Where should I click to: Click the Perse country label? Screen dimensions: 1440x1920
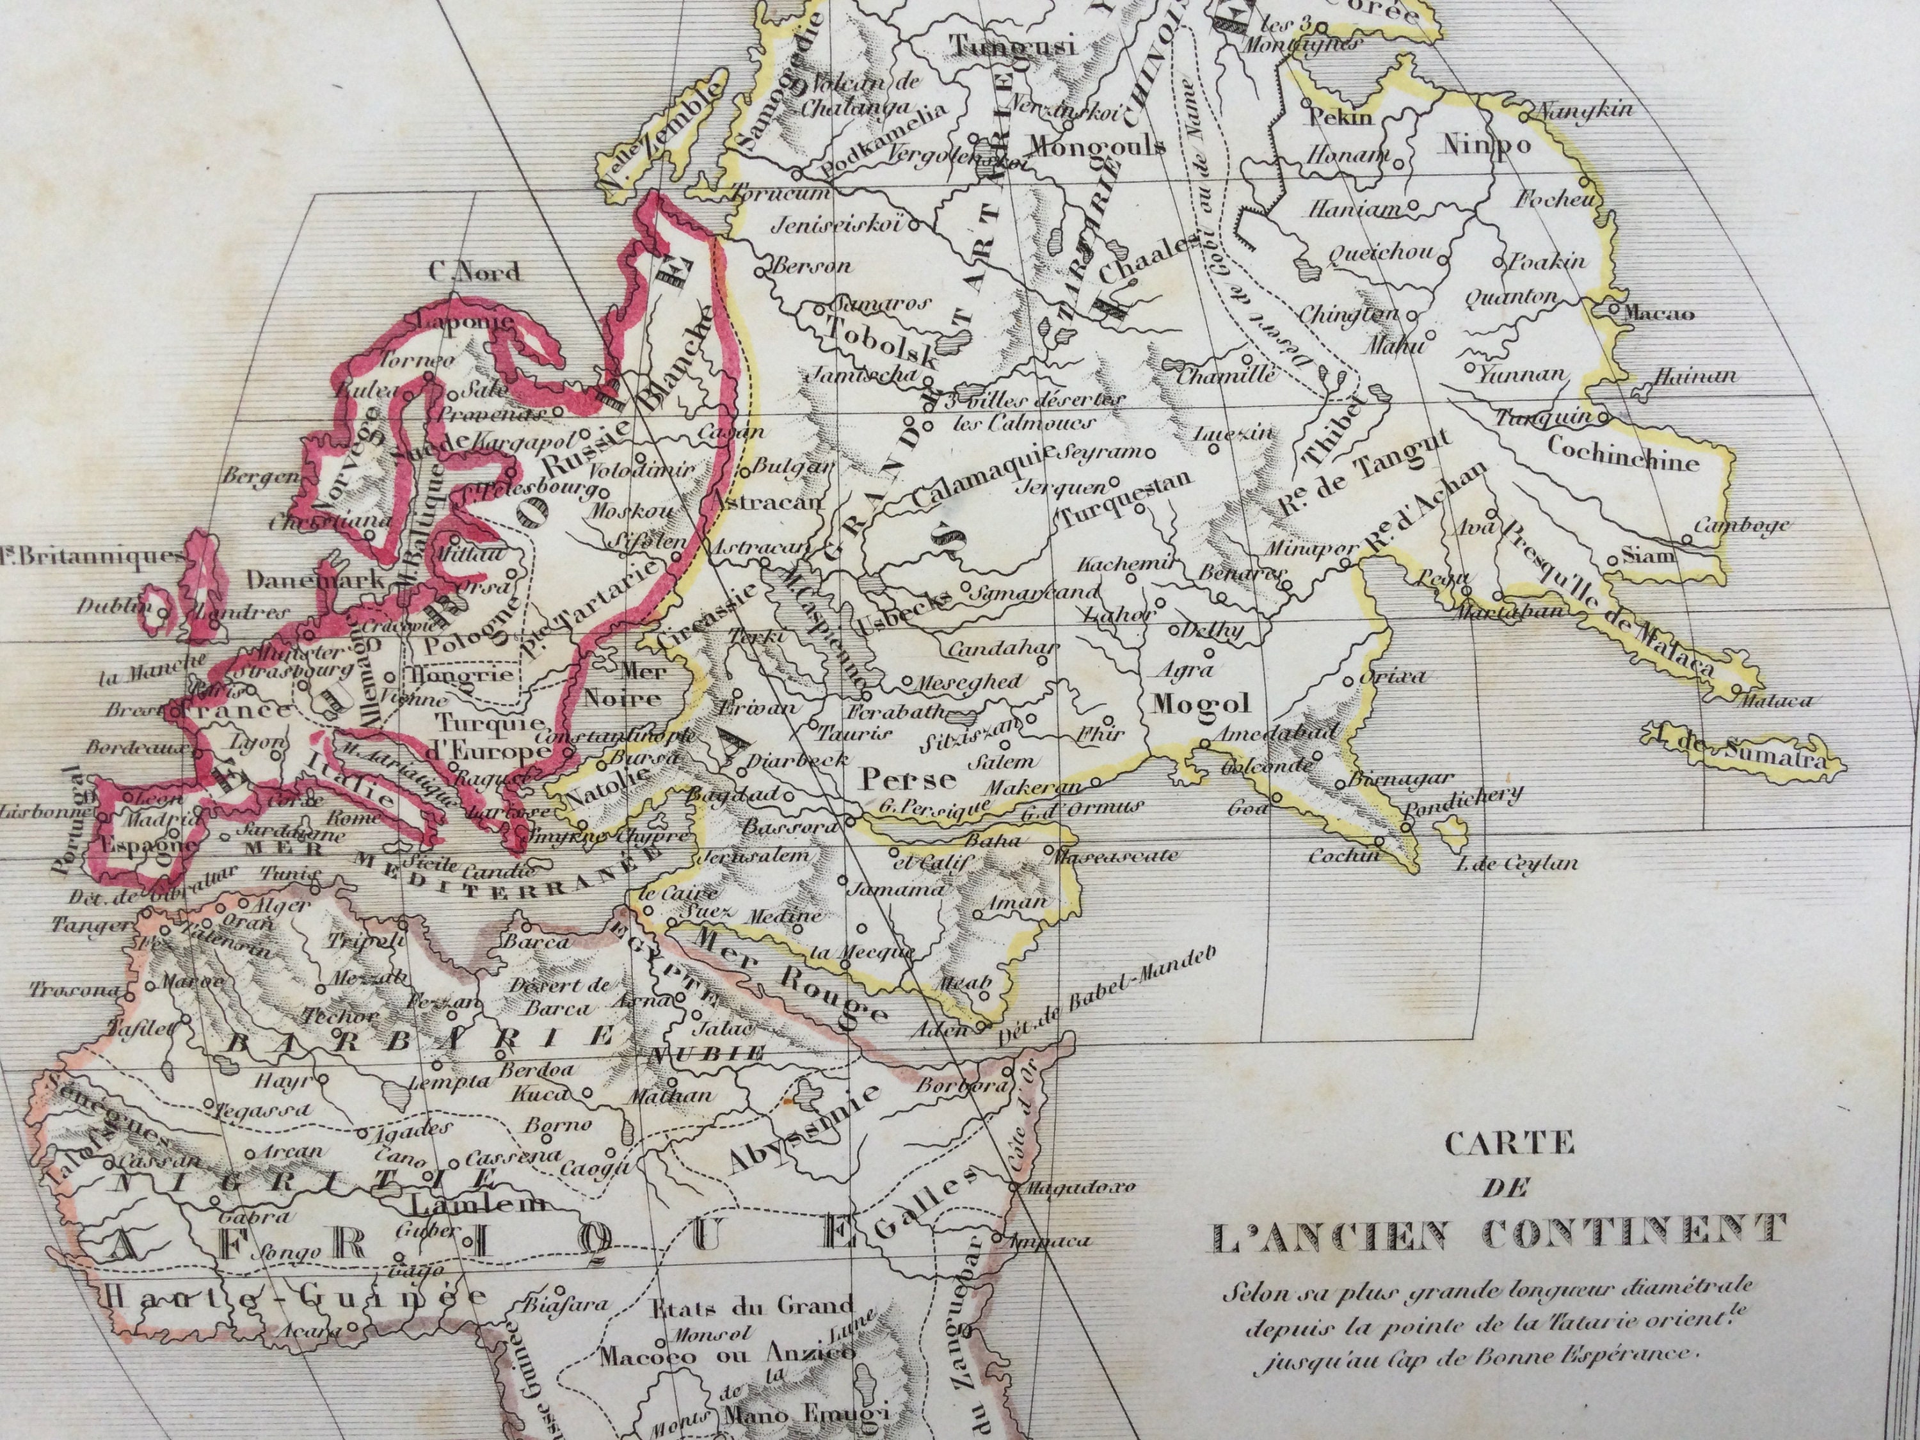coord(896,779)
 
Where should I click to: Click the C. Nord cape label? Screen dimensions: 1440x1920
coord(476,272)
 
